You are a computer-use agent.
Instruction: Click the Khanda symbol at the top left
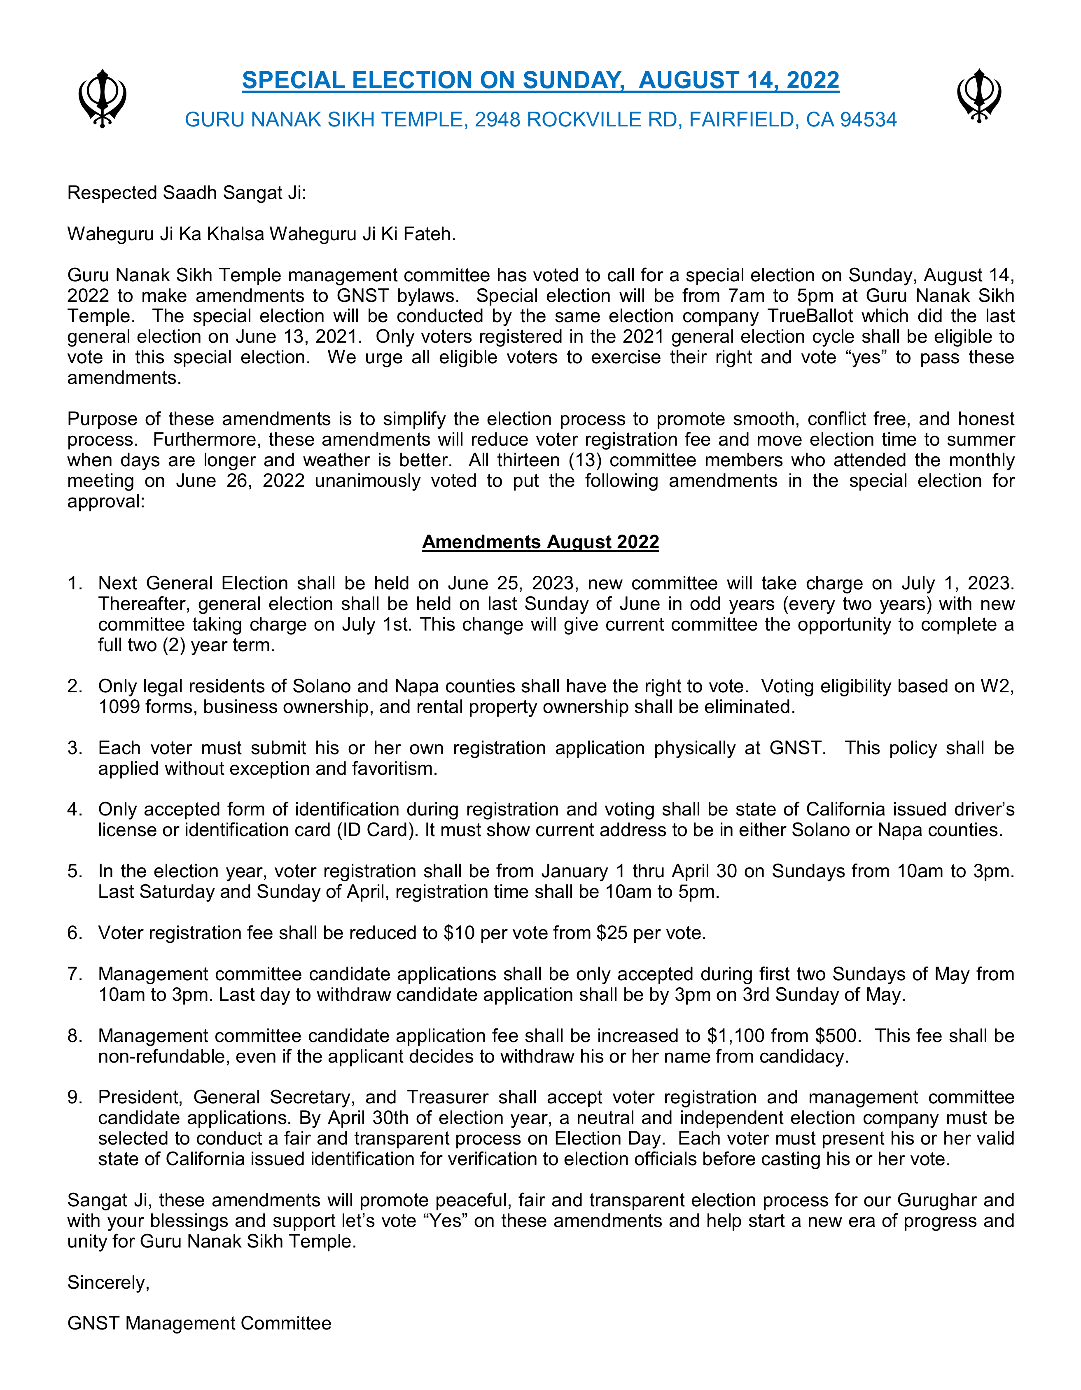102,99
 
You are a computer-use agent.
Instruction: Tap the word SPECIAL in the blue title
293,80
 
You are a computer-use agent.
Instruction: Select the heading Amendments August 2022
540,542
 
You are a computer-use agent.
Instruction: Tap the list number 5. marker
75,871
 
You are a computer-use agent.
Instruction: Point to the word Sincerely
108,1283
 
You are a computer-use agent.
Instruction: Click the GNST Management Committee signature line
199,1324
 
